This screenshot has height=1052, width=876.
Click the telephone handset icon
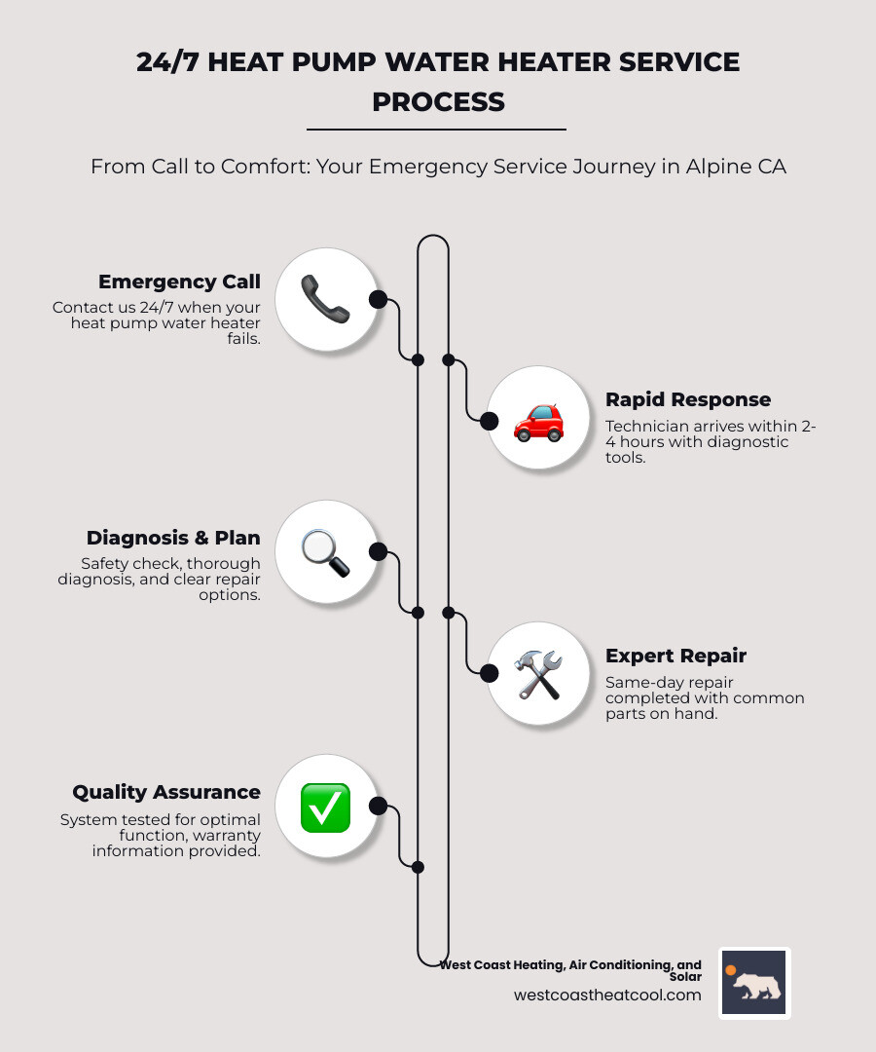325,299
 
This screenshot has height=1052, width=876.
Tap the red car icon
538,420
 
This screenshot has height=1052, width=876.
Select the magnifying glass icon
325,552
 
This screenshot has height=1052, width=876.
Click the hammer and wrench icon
538,674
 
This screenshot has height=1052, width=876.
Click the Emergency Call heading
179,282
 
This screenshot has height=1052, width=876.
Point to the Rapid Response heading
688,399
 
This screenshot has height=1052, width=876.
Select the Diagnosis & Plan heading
173,538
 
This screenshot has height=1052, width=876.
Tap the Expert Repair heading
675,656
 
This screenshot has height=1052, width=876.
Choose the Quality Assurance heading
166,792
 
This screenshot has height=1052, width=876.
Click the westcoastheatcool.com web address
607,995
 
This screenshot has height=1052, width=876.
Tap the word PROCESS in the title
438,101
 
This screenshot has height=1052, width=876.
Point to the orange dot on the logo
730,970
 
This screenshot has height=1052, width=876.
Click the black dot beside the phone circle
379,299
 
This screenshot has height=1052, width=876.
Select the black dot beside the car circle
490,421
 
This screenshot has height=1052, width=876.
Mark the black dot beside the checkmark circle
379,806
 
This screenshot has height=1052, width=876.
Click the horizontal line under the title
436,130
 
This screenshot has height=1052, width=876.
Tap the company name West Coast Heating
526,965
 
